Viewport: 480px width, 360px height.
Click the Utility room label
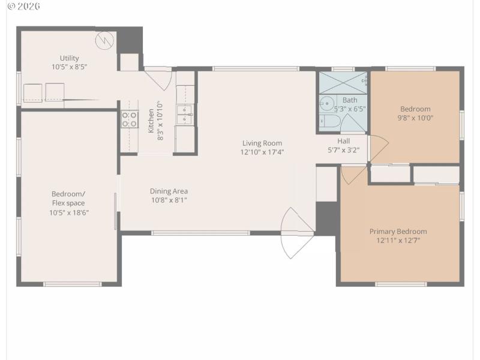coord(69,58)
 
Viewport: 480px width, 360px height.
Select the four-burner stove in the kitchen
coord(130,119)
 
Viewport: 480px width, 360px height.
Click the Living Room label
coord(262,143)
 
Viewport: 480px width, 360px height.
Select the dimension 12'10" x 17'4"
coord(262,152)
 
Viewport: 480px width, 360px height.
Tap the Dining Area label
coord(169,191)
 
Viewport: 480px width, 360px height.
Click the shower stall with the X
coord(343,82)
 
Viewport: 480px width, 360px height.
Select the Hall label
coord(343,141)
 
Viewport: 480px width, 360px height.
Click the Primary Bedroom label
coord(398,231)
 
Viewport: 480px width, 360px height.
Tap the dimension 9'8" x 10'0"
coord(416,118)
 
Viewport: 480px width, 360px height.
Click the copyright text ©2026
coord(23,6)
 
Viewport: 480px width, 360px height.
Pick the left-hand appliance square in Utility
coord(32,92)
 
